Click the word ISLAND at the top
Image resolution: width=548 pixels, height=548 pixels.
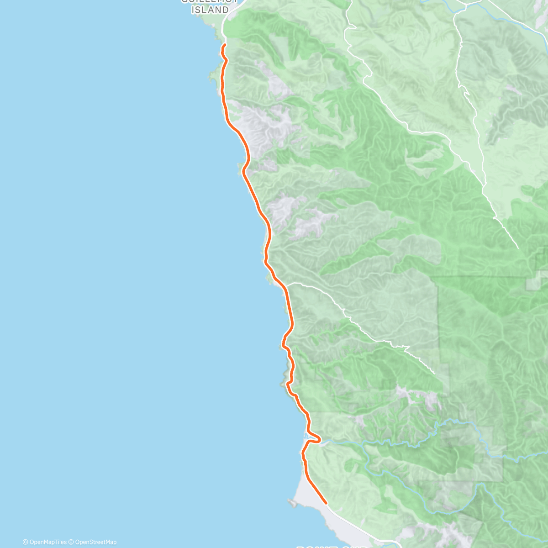pos(210,10)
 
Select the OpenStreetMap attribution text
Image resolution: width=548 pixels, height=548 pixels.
pos(95,542)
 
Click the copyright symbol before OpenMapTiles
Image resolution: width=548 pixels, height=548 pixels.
pos(25,542)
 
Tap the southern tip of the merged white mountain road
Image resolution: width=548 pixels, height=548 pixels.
pos(517,248)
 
